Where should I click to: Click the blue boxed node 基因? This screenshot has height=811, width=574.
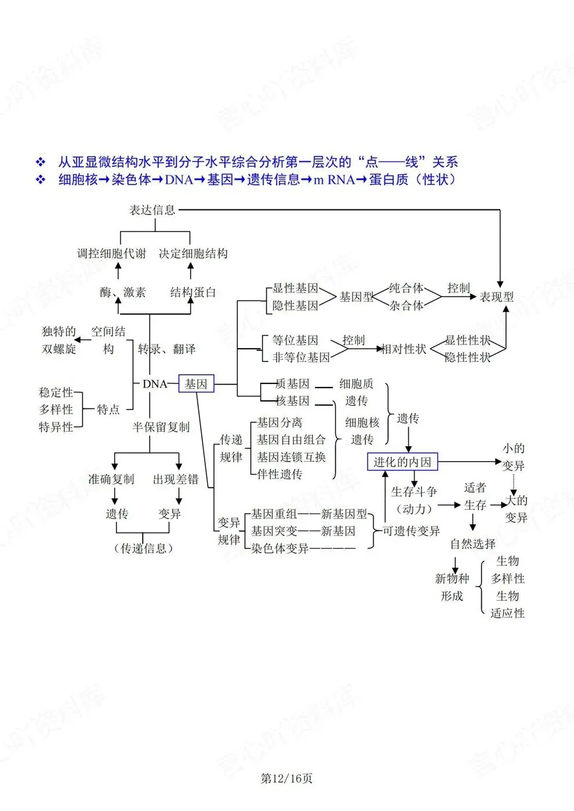196,383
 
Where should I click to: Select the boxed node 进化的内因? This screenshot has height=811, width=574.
402,462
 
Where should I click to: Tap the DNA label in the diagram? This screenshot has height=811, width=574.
155,384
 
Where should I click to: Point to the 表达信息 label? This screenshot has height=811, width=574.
152,210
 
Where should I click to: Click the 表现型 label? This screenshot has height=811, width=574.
496,297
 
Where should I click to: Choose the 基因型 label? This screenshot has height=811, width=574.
356,297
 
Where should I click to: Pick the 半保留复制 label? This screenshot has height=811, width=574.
161,427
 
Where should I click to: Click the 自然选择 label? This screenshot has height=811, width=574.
473,544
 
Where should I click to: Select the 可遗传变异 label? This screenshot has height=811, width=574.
411,531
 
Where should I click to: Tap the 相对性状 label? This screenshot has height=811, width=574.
404,349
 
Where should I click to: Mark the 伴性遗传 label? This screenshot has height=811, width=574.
279,474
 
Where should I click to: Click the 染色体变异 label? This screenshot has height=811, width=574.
280,549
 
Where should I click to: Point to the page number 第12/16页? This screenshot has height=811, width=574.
286,778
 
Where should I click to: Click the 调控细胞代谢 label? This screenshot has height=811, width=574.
112,254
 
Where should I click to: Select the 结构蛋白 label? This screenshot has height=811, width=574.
193,292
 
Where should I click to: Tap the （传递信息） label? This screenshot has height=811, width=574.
144,549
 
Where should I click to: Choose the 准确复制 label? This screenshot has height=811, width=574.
111,479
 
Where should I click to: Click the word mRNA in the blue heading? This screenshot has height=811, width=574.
334,180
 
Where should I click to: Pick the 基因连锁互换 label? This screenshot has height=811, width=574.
291,457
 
